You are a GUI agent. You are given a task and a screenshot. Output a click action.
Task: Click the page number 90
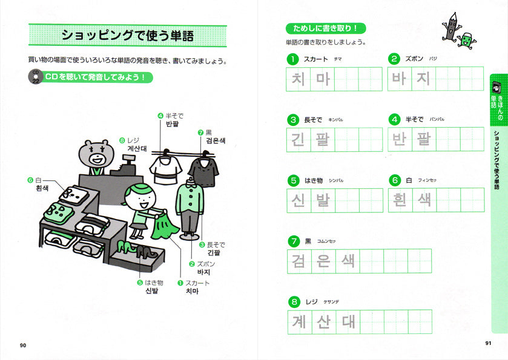pos(23,345)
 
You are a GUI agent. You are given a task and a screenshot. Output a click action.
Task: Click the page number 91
pos(488,344)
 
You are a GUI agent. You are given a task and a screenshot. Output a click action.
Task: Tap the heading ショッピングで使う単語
pos(128,35)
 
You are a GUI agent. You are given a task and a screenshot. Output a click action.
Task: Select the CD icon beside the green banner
pos(36,77)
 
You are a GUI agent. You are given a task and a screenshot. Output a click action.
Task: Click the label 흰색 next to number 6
pos(42,188)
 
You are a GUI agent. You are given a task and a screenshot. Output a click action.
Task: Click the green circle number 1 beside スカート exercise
pos(293,59)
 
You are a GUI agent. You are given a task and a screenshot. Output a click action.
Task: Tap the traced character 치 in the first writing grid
pos(299,79)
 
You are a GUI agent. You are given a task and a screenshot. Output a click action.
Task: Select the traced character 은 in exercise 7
pos(323,261)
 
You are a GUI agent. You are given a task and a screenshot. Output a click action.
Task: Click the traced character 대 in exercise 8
pos(348,321)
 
